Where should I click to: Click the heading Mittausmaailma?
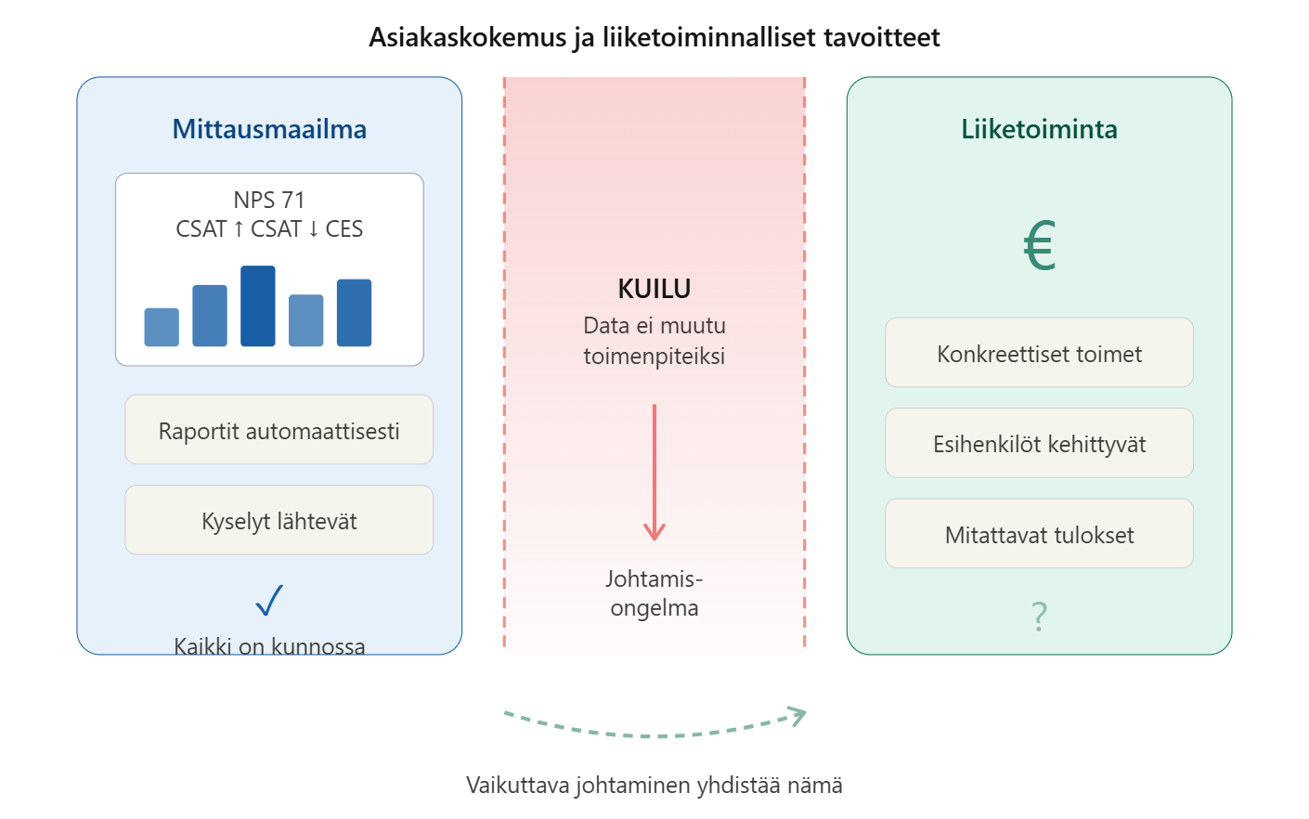269,129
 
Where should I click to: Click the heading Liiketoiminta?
1039,129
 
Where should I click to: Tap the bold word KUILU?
654,289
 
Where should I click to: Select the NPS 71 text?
269,200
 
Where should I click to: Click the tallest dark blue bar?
258,306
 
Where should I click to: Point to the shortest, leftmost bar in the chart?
162,327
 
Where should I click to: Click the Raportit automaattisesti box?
279,430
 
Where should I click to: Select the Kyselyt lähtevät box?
279,520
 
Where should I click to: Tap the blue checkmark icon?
269,601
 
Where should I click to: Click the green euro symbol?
1039,246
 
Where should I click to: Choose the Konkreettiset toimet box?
1039,353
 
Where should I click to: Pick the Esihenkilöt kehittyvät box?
1039,444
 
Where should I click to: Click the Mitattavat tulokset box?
1039,534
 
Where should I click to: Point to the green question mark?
1039,616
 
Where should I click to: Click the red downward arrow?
654,474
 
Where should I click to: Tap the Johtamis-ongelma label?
654,593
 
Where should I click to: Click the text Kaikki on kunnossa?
269,645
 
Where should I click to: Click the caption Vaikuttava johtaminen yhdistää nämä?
654,786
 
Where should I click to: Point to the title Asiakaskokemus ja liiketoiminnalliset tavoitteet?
654,37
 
